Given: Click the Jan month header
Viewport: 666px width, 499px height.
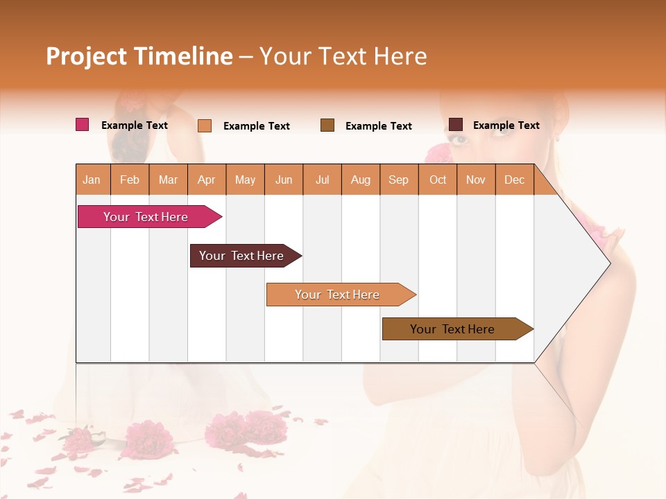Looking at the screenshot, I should click(x=92, y=180).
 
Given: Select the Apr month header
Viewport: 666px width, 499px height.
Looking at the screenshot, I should click(x=206, y=180).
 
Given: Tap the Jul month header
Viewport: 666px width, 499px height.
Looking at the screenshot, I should click(x=322, y=180).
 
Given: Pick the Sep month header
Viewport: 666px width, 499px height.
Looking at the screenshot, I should click(x=398, y=180).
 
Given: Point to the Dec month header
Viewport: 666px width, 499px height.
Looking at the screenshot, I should click(x=514, y=180).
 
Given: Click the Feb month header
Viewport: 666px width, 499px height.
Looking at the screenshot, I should click(x=130, y=180).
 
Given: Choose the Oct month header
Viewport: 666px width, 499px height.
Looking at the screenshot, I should click(x=438, y=180).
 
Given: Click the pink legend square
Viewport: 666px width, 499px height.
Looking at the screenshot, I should click(x=83, y=125).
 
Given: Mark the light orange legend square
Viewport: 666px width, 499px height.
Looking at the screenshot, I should click(x=205, y=125).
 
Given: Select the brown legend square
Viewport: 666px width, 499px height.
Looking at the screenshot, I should click(x=327, y=125).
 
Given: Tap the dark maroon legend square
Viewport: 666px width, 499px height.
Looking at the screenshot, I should click(x=456, y=125).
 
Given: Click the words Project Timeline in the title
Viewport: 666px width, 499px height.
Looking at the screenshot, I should click(x=139, y=56).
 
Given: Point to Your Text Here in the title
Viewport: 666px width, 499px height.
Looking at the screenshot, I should click(x=343, y=56).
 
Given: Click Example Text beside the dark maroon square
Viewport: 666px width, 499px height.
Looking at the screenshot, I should click(x=506, y=125).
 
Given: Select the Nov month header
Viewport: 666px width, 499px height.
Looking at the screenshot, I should click(x=476, y=180).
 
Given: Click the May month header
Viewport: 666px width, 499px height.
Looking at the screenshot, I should click(x=245, y=180).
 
